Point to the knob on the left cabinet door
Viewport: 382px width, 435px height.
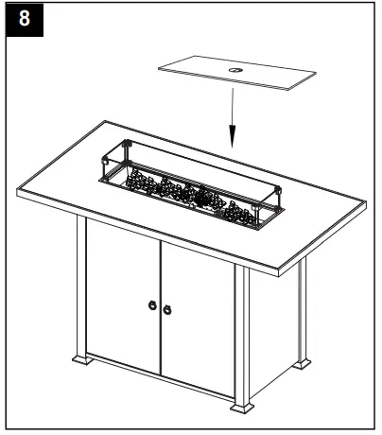[x=150, y=305]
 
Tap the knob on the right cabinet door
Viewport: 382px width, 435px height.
[x=167, y=308]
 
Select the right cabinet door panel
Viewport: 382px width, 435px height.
[x=197, y=317]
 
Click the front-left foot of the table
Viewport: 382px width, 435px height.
[x=80, y=360]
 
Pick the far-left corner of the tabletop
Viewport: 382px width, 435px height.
[x=20, y=193]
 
